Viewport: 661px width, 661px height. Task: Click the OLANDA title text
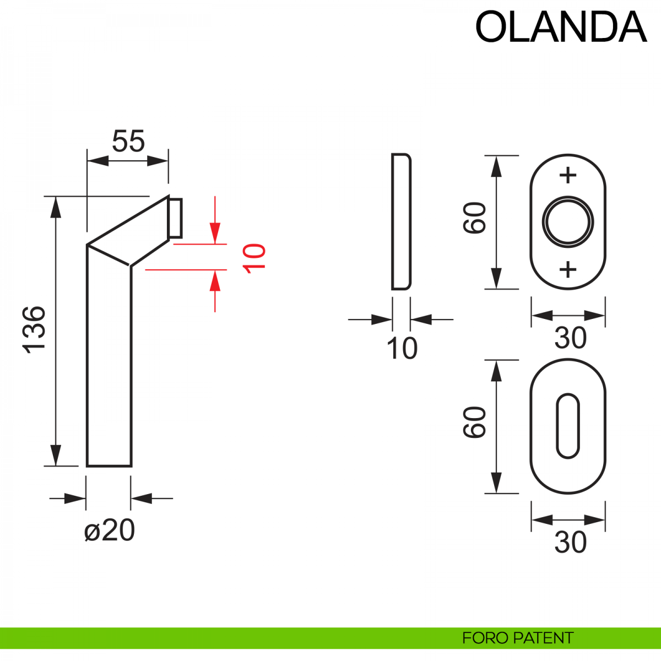(560, 27)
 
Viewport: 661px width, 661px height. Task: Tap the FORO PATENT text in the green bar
(517, 638)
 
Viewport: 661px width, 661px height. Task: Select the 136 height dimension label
(34, 329)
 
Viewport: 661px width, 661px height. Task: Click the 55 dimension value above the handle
(128, 142)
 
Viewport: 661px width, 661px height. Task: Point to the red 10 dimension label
(255, 257)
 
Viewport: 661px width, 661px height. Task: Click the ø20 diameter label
(110, 531)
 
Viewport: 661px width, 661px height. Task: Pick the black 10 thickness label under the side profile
(402, 348)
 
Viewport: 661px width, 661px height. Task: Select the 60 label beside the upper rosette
(475, 218)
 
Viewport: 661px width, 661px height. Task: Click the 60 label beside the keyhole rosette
(475, 422)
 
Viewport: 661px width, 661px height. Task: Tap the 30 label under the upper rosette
(570, 338)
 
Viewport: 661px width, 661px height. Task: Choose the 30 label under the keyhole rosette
(570, 543)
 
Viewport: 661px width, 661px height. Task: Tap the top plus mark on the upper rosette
(568, 176)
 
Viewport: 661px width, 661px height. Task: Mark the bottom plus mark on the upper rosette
(568, 269)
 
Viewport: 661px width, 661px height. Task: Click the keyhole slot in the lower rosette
(568, 426)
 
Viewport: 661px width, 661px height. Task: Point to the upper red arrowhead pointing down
(215, 232)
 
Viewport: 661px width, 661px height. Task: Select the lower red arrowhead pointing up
(215, 281)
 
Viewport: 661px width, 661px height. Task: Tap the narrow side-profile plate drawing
(401, 221)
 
